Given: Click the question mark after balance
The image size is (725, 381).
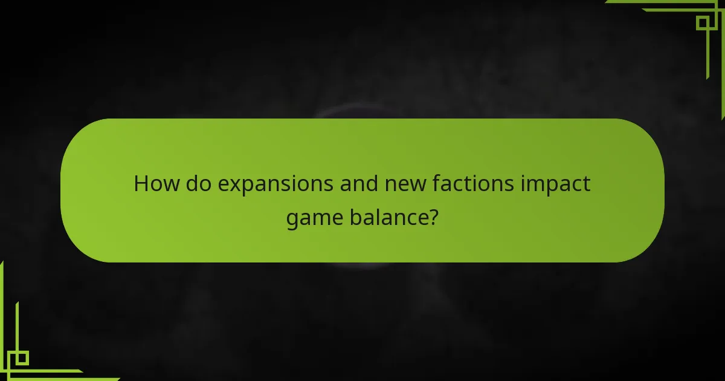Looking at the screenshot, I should tap(433, 217).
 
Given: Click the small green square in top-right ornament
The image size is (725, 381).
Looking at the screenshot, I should tap(703, 22).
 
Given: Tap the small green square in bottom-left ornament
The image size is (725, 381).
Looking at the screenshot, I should tap(22, 358).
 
